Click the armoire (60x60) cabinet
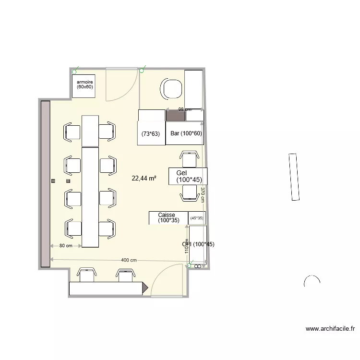(x=85, y=85)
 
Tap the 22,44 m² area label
(x=144, y=178)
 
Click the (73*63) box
(x=151, y=134)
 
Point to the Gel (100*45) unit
(x=188, y=176)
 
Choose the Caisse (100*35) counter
(x=168, y=218)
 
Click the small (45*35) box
(x=197, y=218)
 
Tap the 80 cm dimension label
(x=66, y=246)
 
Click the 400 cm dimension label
(x=129, y=260)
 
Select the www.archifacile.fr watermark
(x=330, y=329)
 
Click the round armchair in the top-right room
(x=172, y=89)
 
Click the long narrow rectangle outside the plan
(x=294, y=177)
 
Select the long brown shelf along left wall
(x=46, y=183)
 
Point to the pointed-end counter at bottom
(x=108, y=288)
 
